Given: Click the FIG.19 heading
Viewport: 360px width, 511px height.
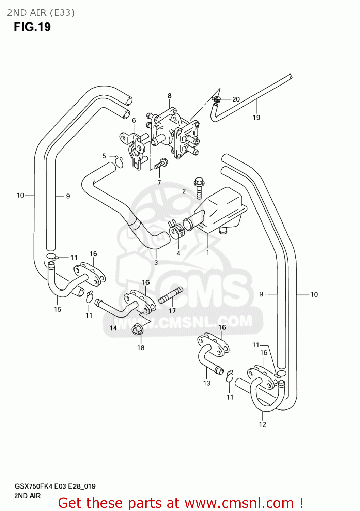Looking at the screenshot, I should coord(32,27).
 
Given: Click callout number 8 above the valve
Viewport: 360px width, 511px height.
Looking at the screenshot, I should coord(169,96).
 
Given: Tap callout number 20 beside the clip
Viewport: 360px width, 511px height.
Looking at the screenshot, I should coord(236,99).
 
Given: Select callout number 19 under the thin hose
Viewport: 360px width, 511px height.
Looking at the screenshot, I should coord(256,118).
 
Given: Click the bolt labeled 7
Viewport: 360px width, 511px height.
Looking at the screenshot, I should coord(160,165).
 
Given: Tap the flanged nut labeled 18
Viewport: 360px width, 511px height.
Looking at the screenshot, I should coord(138,329).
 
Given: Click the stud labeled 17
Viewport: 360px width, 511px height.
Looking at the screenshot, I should coord(171,295).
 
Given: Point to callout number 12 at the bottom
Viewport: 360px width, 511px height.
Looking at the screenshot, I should coord(263,424).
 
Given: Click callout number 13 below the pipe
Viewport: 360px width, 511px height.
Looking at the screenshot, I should coord(207,383).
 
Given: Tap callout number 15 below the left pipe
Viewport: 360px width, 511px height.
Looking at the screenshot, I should coord(58,309).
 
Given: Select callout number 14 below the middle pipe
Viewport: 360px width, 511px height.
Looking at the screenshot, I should coord(113,328).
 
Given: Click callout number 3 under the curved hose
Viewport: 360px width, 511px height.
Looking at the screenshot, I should coord(156,263).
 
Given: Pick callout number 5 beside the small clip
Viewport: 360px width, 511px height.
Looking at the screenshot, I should coord(104,156).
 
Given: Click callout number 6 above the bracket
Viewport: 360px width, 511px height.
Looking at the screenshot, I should coord(134,120).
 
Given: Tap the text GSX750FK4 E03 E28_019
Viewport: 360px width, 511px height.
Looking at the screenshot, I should coord(55,486).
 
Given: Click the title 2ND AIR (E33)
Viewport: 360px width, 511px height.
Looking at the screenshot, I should coord(41,13).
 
